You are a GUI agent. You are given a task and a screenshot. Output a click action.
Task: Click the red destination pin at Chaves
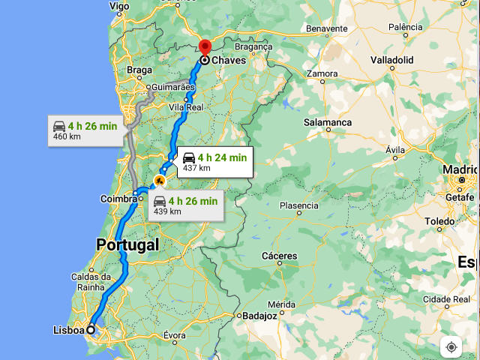tap(204, 46)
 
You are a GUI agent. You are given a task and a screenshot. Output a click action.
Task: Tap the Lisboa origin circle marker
tap(91, 329)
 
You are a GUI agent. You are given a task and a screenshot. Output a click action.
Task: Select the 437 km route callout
tap(213, 161)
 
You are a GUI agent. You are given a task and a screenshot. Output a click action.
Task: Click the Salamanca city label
tap(328, 122)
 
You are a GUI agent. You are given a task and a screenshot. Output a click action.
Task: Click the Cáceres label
tap(279, 256)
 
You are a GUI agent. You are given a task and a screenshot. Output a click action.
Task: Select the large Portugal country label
tap(127, 244)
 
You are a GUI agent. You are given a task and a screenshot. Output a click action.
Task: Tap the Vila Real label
tap(186, 107)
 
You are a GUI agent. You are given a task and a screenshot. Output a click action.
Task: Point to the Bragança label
tap(253, 46)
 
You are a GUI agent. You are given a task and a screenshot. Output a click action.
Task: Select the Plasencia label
tap(298, 205)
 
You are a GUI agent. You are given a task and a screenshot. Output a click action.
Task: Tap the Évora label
tap(174, 335)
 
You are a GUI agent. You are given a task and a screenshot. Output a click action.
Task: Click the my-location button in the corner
tap(451, 346)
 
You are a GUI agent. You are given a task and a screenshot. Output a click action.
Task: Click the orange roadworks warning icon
tap(159, 181)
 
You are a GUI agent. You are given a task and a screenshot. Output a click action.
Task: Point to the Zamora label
tap(322, 73)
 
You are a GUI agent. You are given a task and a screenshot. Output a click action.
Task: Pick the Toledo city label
tap(439, 222)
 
